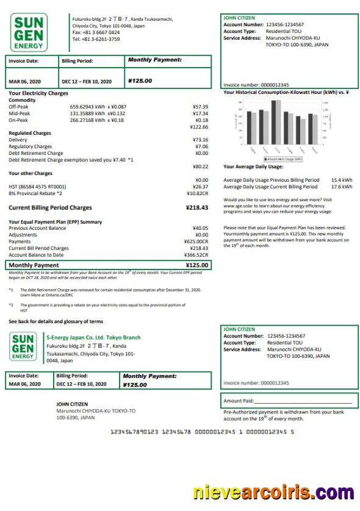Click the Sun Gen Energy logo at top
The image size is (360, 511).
[28, 32]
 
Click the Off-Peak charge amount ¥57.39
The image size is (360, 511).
[200, 107]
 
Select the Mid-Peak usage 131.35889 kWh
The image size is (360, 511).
[88, 113]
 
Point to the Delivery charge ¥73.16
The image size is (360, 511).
[200, 140]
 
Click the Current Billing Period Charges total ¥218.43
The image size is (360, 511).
[196, 208]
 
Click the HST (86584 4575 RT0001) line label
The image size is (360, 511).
[37, 187]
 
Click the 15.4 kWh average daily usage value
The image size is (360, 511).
[342, 180]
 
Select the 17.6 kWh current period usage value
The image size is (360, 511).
[342, 187]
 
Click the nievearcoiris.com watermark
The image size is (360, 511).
[273, 493]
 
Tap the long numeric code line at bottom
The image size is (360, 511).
[202, 432]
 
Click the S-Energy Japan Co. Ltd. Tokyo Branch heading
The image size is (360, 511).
[93, 337]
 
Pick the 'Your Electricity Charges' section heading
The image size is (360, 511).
[38, 93]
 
